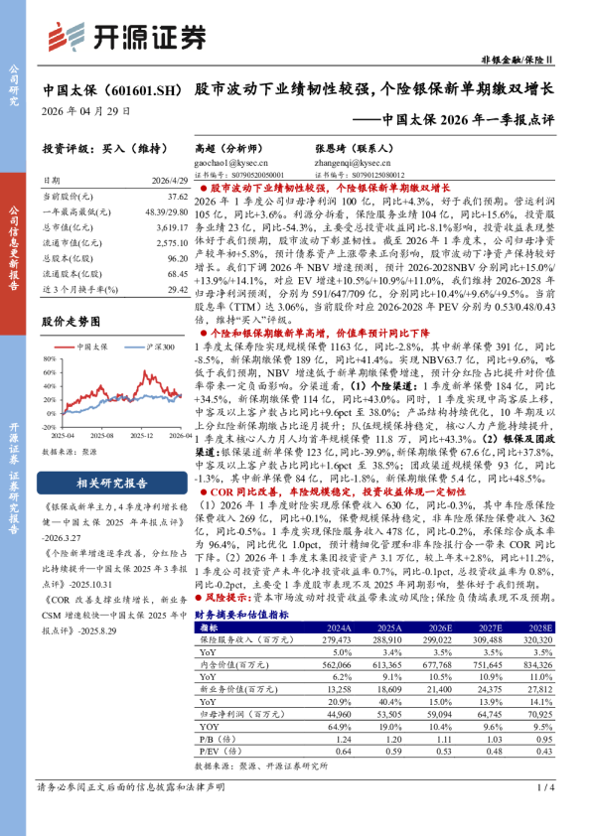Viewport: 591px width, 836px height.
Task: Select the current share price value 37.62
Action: coord(178,198)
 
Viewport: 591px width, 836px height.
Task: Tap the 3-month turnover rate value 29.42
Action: coord(178,289)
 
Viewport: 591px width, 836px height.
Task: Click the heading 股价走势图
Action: coord(72,322)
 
